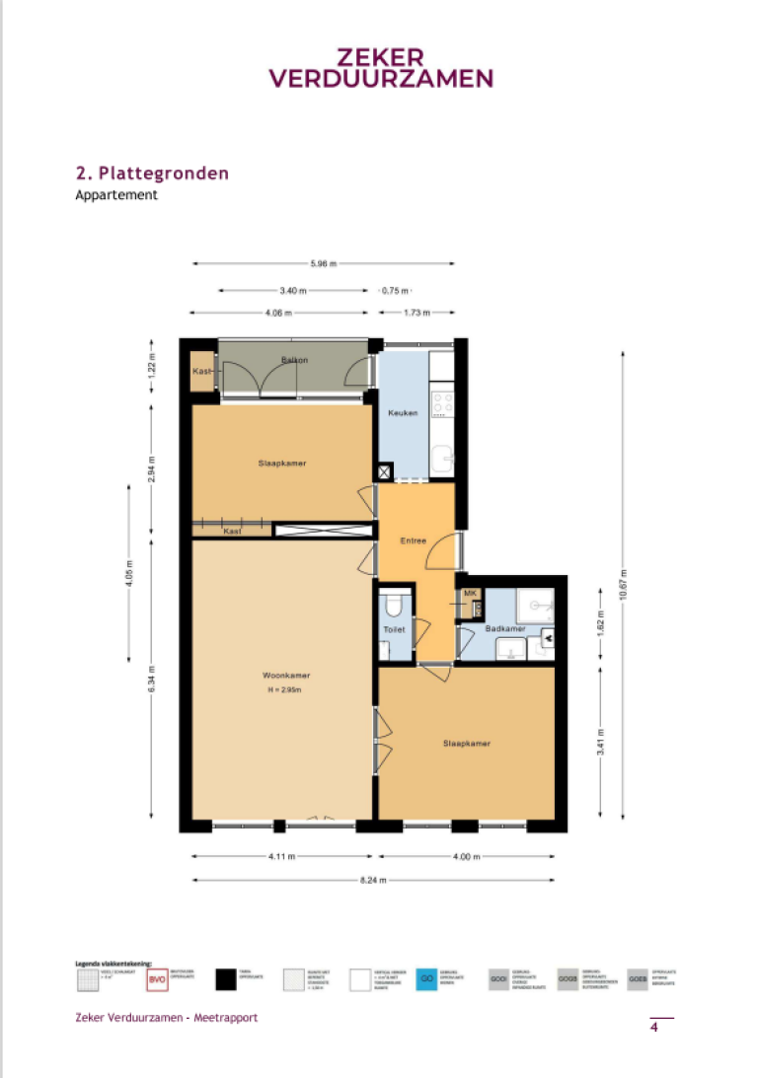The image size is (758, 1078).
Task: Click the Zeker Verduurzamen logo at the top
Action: [381, 68]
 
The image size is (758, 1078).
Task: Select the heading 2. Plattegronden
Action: [152, 173]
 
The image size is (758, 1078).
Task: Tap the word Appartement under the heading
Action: [116, 195]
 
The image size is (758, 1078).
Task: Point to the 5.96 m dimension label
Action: [324, 263]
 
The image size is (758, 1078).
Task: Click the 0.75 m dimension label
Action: [395, 291]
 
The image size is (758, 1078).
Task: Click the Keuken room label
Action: [403, 413]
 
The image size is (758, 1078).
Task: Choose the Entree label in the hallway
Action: [413, 541]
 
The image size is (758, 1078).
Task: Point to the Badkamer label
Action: [504, 628]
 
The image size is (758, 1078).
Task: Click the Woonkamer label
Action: [286, 676]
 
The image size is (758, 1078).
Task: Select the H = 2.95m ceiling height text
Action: [287, 689]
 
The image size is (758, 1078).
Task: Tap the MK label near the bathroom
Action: [470, 594]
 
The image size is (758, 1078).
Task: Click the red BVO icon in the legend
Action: [157, 979]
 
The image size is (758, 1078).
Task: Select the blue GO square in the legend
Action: [426, 979]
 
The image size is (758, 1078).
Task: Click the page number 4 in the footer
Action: [654, 1028]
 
